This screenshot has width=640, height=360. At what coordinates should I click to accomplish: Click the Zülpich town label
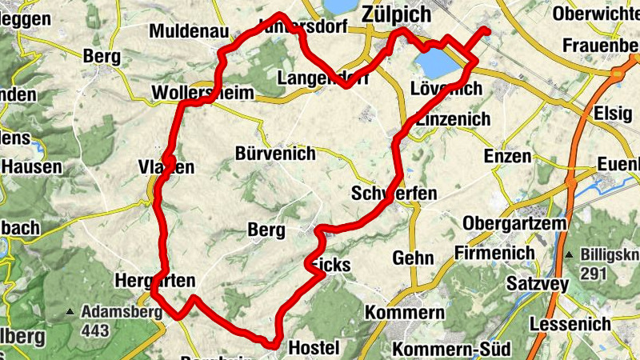pyautogui.click(x=395, y=14)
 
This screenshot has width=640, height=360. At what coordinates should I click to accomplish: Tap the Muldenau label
pyautogui.click(x=190, y=32)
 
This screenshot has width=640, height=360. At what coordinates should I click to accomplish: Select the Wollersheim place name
pyautogui.click(x=202, y=94)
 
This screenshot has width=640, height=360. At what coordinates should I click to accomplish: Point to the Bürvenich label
pyautogui.click(x=276, y=154)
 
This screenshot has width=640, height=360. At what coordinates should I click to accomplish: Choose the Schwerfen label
pyautogui.click(x=394, y=194)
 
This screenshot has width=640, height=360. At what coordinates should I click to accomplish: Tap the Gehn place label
pyautogui.click(x=413, y=258)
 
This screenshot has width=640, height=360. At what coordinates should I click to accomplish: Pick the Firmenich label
pyautogui.click(x=494, y=253)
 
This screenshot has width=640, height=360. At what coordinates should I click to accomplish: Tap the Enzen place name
pyautogui.click(x=508, y=156)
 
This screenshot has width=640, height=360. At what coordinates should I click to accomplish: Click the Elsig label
pyautogui.click(x=613, y=114)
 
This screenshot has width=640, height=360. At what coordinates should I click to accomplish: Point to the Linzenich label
pyautogui.click(x=454, y=118)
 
